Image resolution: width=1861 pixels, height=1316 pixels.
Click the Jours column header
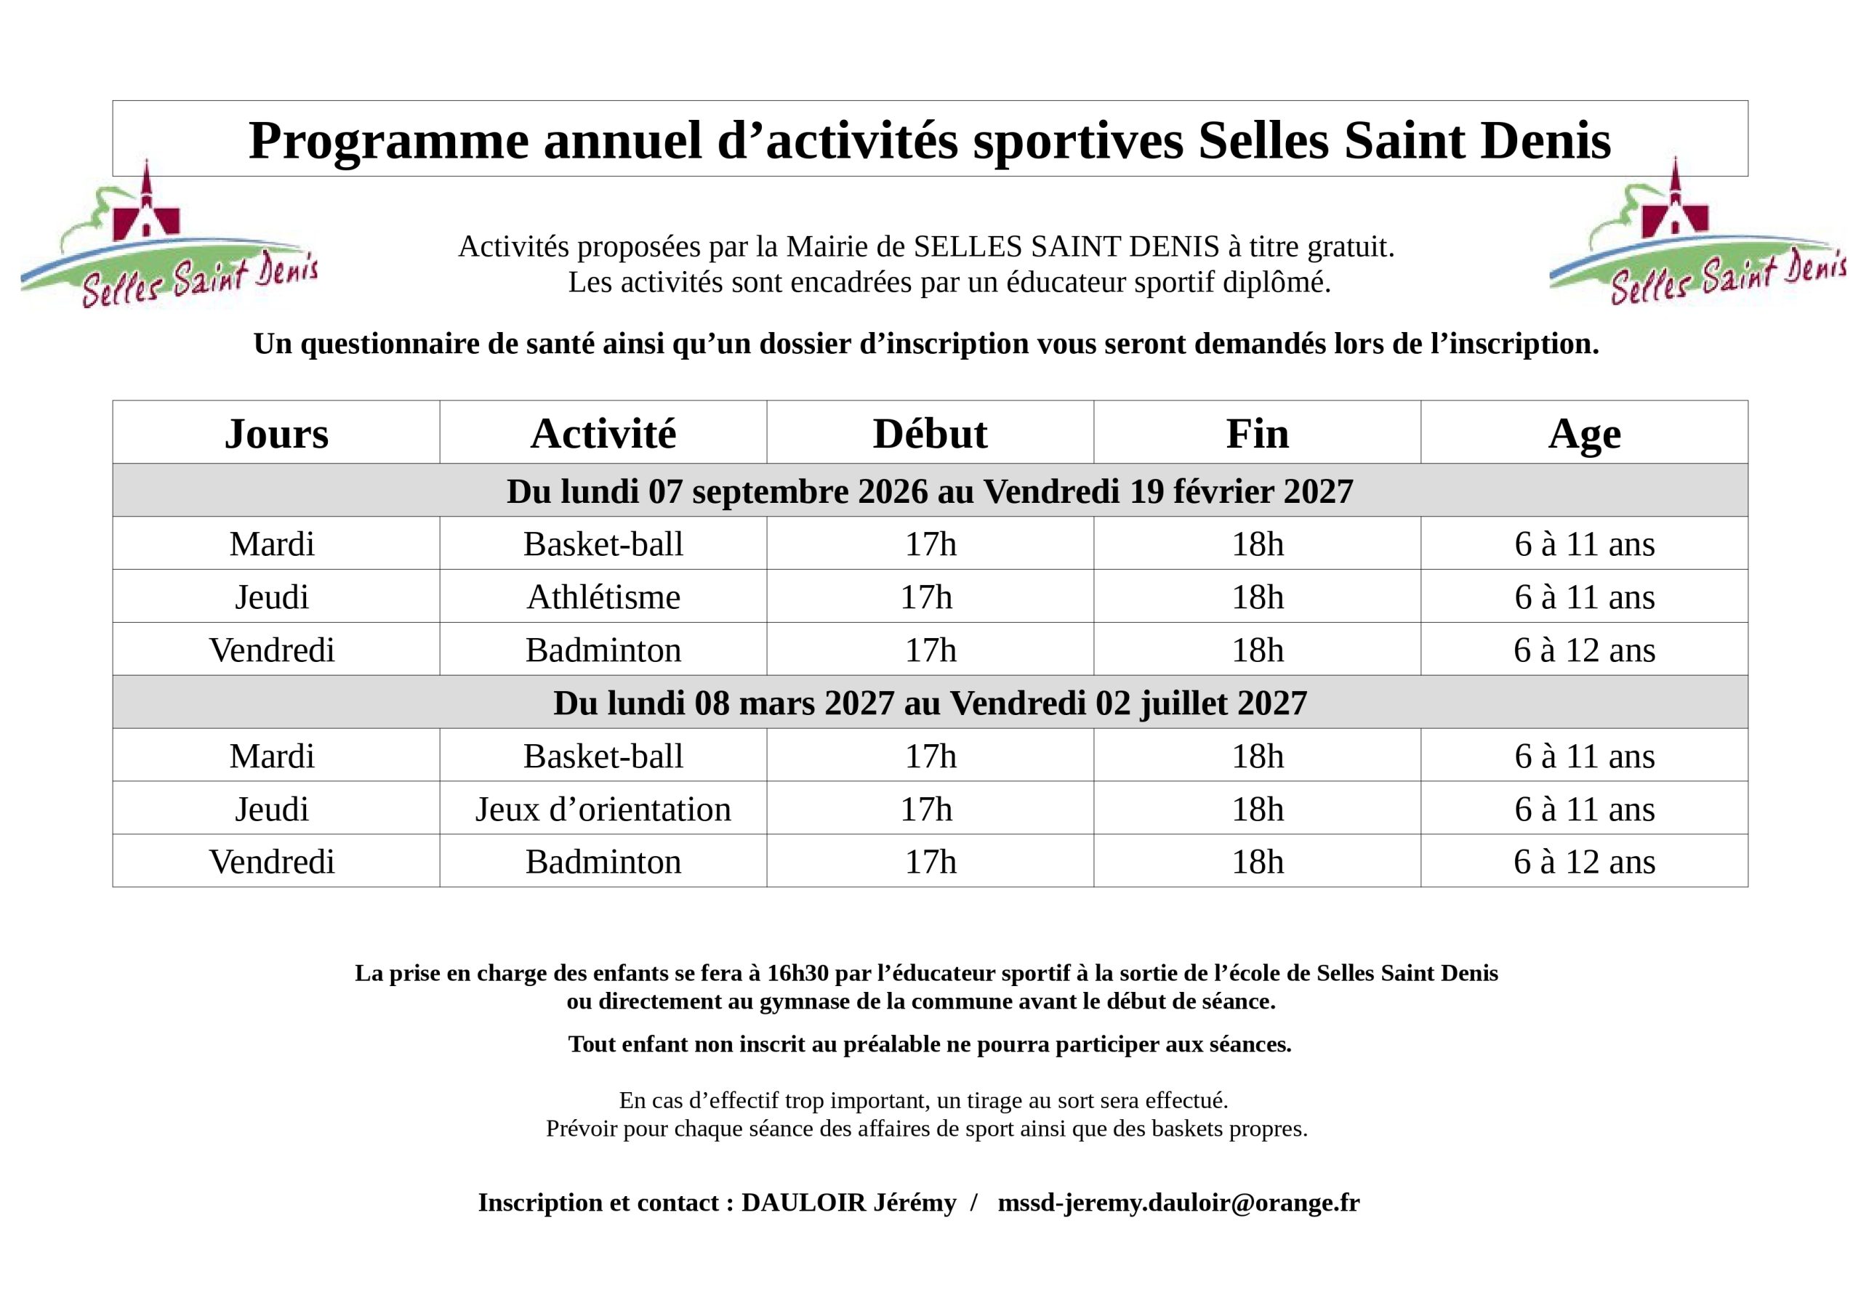point(276,434)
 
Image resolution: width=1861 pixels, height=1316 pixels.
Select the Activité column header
point(603,434)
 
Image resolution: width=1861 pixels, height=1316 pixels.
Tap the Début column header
point(930,434)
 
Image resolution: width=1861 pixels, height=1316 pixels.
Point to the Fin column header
point(1257,434)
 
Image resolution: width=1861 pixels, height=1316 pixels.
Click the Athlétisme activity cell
point(604,597)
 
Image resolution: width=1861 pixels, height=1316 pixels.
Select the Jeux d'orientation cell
point(603,810)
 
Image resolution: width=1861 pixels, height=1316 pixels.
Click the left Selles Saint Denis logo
point(169,235)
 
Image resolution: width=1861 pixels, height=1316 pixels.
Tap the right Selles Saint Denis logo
point(1697,233)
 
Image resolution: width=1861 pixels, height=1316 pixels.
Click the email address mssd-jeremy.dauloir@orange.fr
point(1178,1203)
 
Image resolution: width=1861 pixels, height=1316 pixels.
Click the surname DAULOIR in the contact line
point(804,1203)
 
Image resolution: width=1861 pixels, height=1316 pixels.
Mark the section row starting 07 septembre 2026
point(930,491)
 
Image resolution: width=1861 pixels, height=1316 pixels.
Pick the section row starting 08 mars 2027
point(930,703)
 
